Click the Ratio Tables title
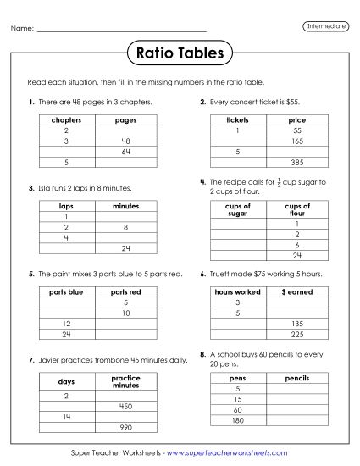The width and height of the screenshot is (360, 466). pyautogui.click(x=180, y=53)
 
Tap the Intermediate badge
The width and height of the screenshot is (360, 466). pyautogui.click(x=325, y=26)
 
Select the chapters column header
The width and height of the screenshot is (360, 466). pyautogui.click(x=67, y=120)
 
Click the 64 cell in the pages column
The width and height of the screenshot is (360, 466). pyautogui.click(x=125, y=151)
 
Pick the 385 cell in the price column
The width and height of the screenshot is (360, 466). pyautogui.click(x=296, y=162)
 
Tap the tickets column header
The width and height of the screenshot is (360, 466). pyautogui.click(x=238, y=120)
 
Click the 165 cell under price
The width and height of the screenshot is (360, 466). pyautogui.click(x=296, y=141)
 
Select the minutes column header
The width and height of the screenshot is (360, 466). pyautogui.click(x=125, y=206)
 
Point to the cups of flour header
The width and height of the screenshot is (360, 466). pyautogui.click(x=296, y=210)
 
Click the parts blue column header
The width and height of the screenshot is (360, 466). pyautogui.click(x=67, y=291)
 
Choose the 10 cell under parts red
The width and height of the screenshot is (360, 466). pyautogui.click(x=125, y=313)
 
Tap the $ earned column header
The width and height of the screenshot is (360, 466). pyautogui.click(x=296, y=291)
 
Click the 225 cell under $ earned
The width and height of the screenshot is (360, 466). pyautogui.click(x=296, y=333)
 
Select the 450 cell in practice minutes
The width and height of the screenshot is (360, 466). pyautogui.click(x=125, y=406)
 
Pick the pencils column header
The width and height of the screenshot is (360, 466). pyautogui.click(x=296, y=378)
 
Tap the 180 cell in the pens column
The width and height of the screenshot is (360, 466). pyautogui.click(x=238, y=420)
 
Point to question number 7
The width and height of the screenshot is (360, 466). pyautogui.click(x=30, y=360)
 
